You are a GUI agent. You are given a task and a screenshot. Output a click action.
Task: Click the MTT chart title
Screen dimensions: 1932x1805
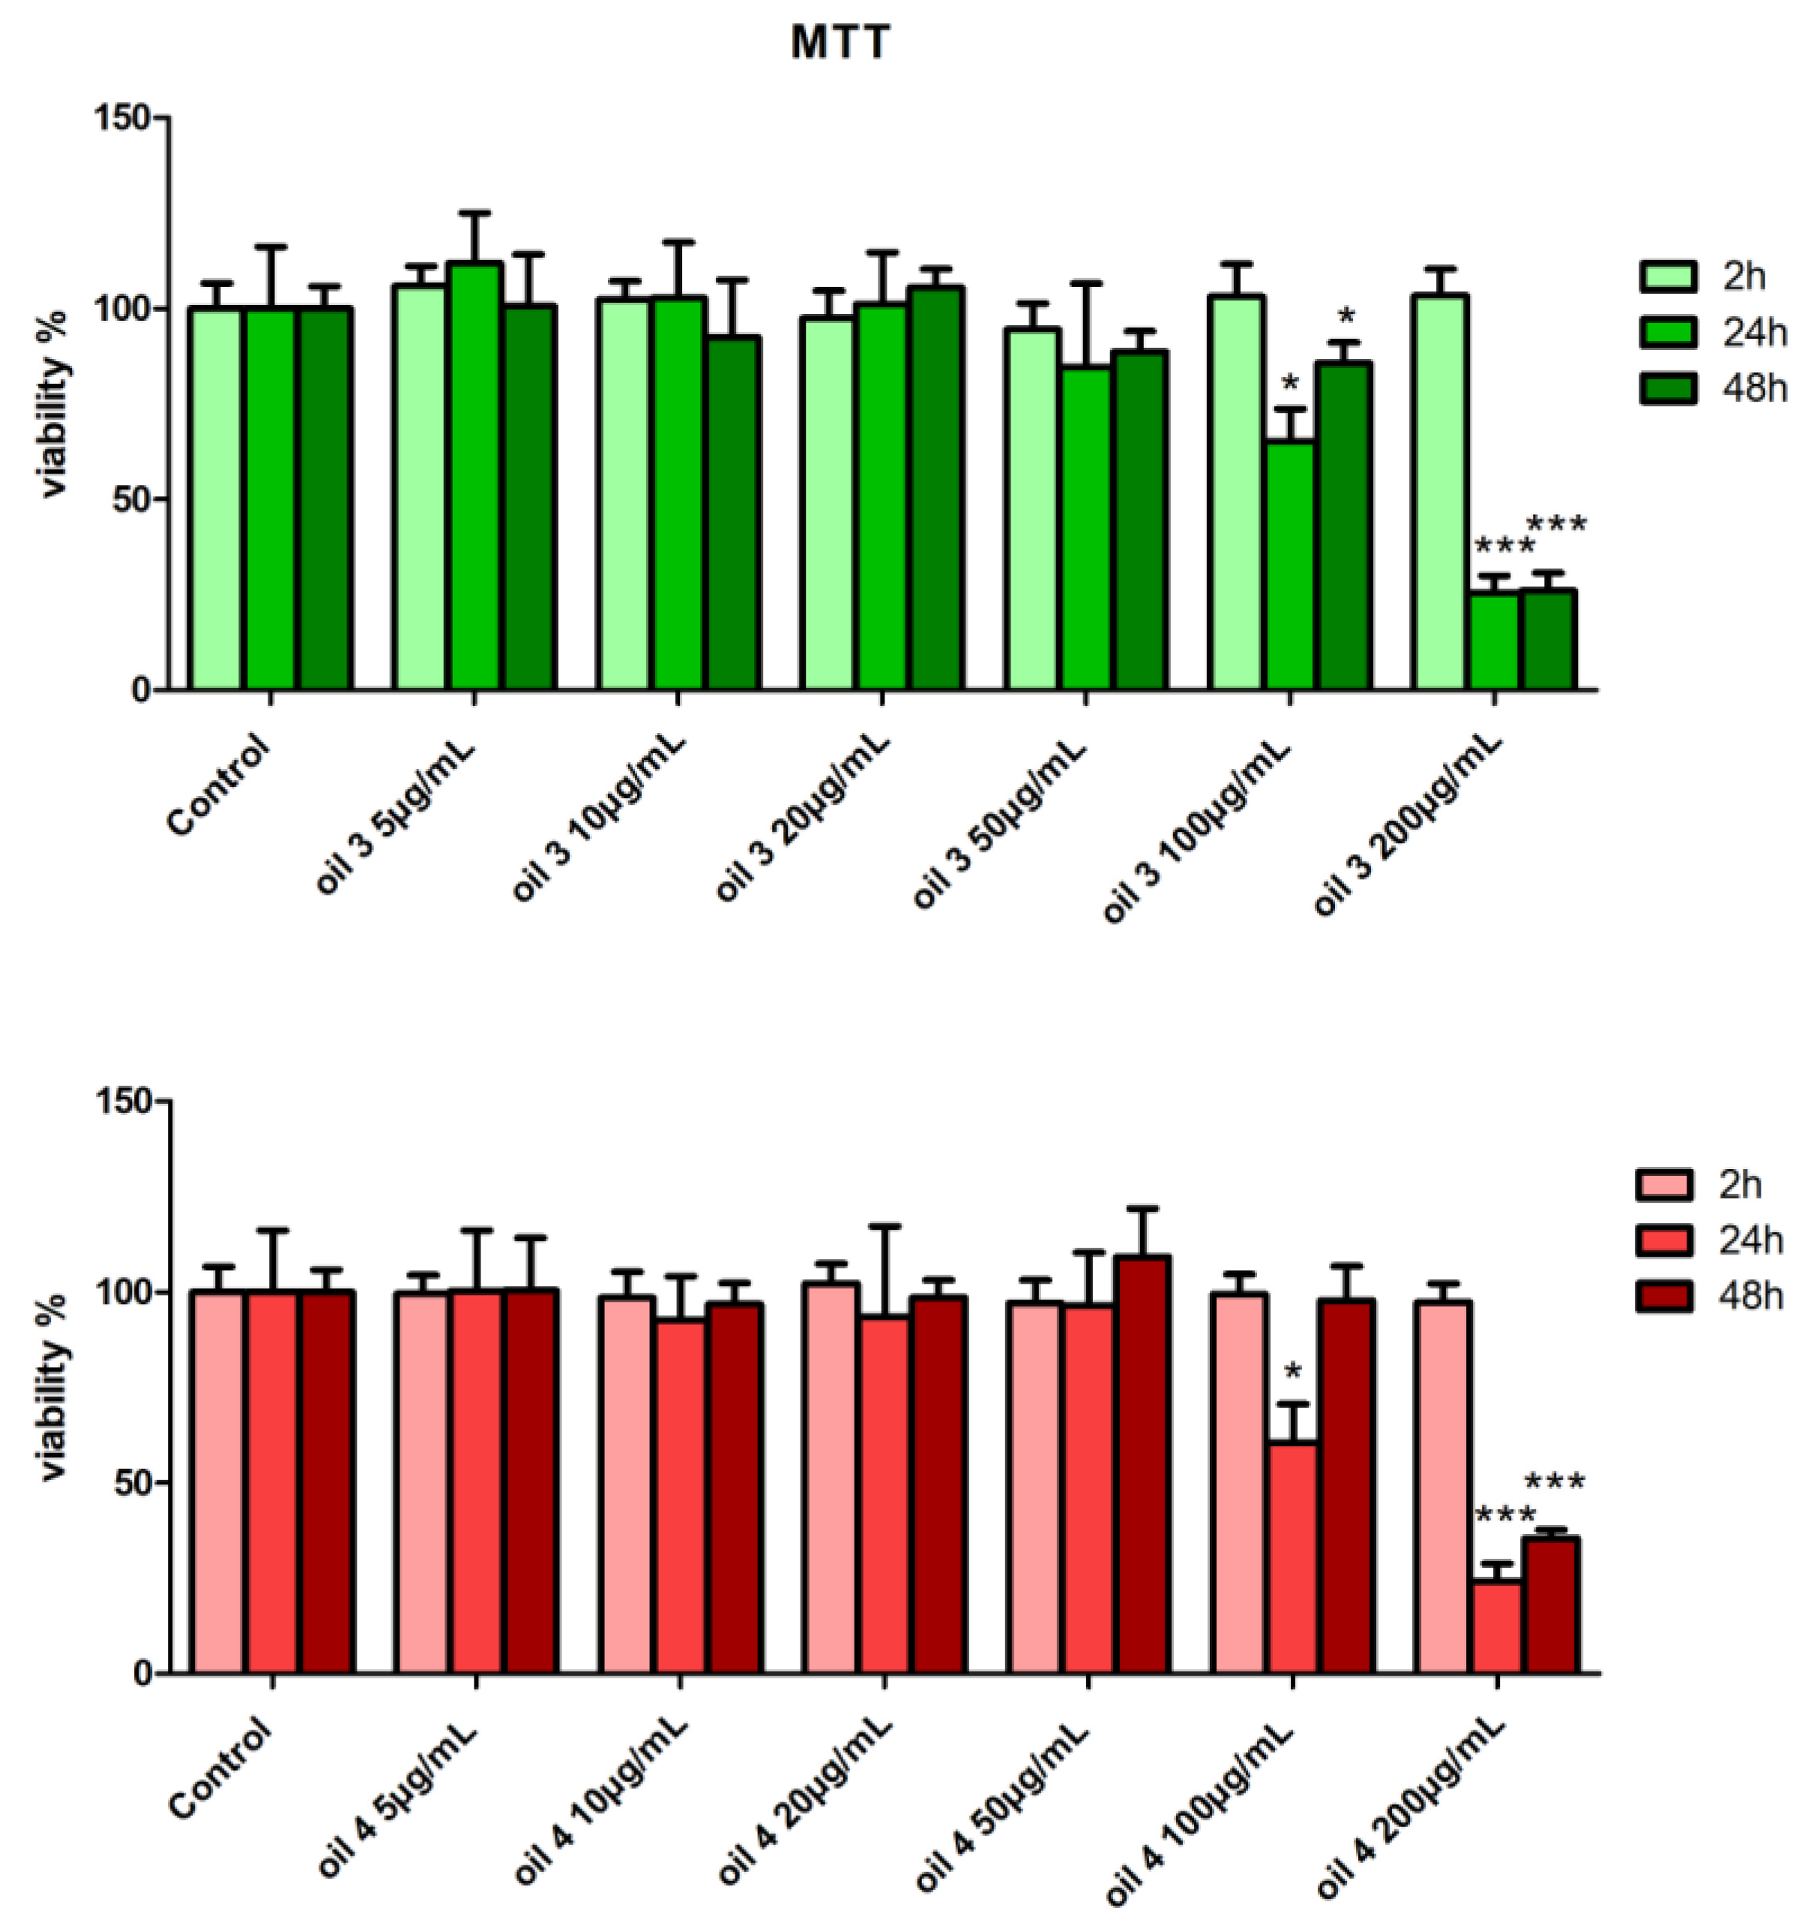[x=840, y=43]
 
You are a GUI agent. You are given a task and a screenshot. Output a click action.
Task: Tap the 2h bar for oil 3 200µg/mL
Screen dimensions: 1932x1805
[x=1441, y=492]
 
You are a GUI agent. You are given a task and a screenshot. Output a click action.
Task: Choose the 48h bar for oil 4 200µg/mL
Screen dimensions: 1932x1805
[x=1550, y=1605]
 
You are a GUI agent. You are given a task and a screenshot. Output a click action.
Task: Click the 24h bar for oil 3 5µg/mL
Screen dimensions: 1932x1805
[x=474, y=476]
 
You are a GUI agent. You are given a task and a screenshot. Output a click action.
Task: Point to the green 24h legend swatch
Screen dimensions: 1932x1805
[x=1668, y=332]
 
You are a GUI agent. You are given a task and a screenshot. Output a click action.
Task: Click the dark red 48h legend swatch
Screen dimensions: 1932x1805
[x=1664, y=1296]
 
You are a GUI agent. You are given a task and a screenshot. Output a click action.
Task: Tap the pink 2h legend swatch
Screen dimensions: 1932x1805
[x=1664, y=1185]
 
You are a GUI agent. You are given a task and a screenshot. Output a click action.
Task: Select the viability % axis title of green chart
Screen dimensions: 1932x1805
[x=55, y=402]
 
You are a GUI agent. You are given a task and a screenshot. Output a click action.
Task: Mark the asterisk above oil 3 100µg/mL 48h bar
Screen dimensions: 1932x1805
[x=1346, y=317]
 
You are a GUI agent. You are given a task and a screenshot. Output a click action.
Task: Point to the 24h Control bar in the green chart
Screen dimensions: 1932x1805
[x=270, y=500]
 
